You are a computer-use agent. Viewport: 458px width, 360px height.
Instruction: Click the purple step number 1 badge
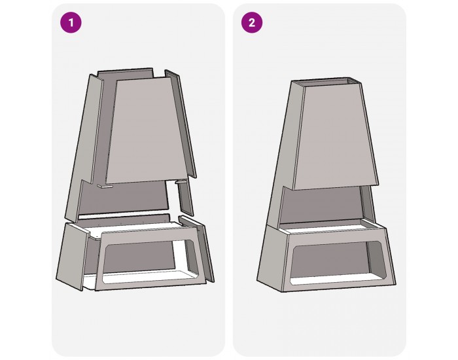coord(71,22)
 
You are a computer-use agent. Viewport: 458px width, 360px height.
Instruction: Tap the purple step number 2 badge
coord(252,22)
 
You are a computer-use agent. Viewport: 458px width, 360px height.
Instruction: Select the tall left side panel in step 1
coord(84,146)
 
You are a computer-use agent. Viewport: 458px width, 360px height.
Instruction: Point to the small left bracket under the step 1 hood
coord(105,186)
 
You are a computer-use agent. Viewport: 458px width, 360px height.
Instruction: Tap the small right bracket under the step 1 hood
coord(181,182)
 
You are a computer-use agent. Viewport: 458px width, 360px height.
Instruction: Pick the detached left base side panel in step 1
coord(73,257)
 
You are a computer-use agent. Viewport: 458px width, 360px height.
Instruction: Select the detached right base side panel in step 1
coord(196,248)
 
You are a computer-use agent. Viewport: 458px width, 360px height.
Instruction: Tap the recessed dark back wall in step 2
coord(321,204)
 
